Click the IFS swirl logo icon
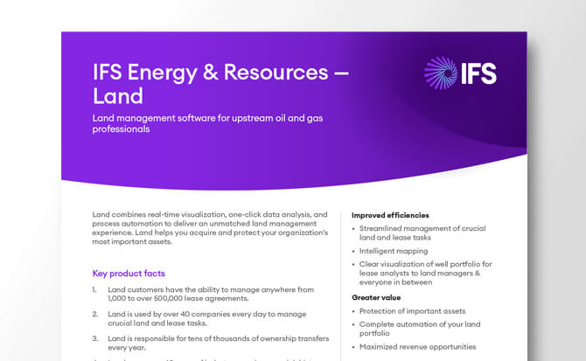tap(440, 73)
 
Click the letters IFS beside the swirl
tap(478, 73)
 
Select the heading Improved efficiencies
tap(390, 215)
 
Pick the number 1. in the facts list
tap(95, 288)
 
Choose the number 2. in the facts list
tap(95, 312)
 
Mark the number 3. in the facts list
tap(95, 336)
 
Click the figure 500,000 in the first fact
tap(190, 297)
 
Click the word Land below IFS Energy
tap(117, 95)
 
